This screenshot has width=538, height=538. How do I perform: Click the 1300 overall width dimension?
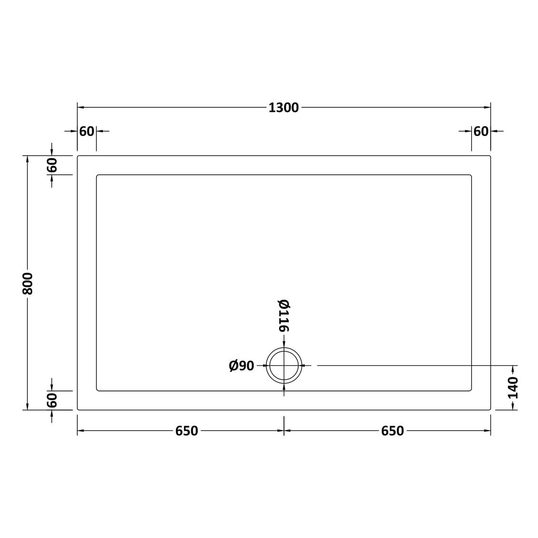click(284, 108)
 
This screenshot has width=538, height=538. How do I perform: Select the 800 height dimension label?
click(28, 284)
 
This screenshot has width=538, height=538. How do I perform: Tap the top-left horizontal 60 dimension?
click(87, 131)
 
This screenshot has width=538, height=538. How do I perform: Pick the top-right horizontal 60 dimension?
click(481, 131)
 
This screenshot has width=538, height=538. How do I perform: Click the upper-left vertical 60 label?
click(52, 166)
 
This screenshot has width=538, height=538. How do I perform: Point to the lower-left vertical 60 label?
click(52, 401)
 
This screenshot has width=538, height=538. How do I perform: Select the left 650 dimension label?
click(186, 430)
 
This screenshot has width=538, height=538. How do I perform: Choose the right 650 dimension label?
click(392, 430)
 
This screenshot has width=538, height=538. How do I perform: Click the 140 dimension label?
click(513, 388)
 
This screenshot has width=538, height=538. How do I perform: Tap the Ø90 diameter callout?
click(242, 366)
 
